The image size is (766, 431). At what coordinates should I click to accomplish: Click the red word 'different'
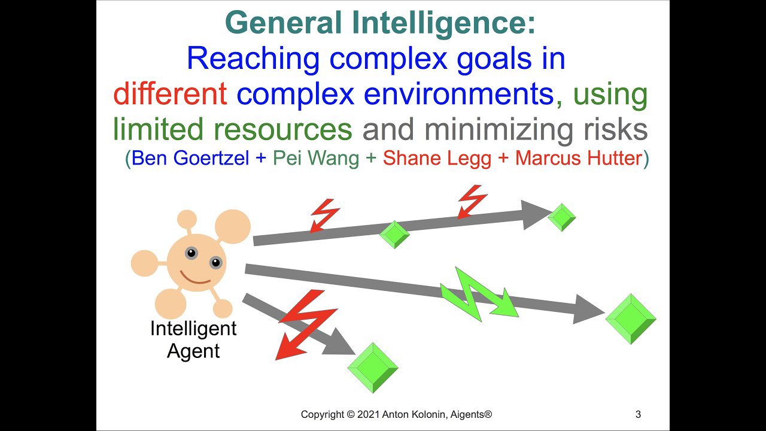tap(170, 93)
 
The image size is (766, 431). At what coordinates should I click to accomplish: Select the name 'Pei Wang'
tap(316, 158)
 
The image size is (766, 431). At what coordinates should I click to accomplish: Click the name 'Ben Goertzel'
tap(190, 158)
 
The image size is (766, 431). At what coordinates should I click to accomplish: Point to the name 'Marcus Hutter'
tap(579, 158)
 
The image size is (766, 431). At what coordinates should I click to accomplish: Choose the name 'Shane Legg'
tap(437, 159)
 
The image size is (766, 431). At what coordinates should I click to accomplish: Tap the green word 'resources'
tap(283, 130)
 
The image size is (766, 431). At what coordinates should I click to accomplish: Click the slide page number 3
tap(638, 414)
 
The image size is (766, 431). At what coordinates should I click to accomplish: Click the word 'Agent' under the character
tap(193, 351)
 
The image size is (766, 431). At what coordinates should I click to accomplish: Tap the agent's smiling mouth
tap(195, 278)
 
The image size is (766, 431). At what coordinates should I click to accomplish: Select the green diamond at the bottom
tap(373, 368)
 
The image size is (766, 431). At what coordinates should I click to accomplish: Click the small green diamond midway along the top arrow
tap(394, 234)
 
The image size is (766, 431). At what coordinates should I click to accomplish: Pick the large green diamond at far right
tap(631, 319)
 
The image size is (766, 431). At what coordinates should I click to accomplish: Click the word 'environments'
tap(458, 93)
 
